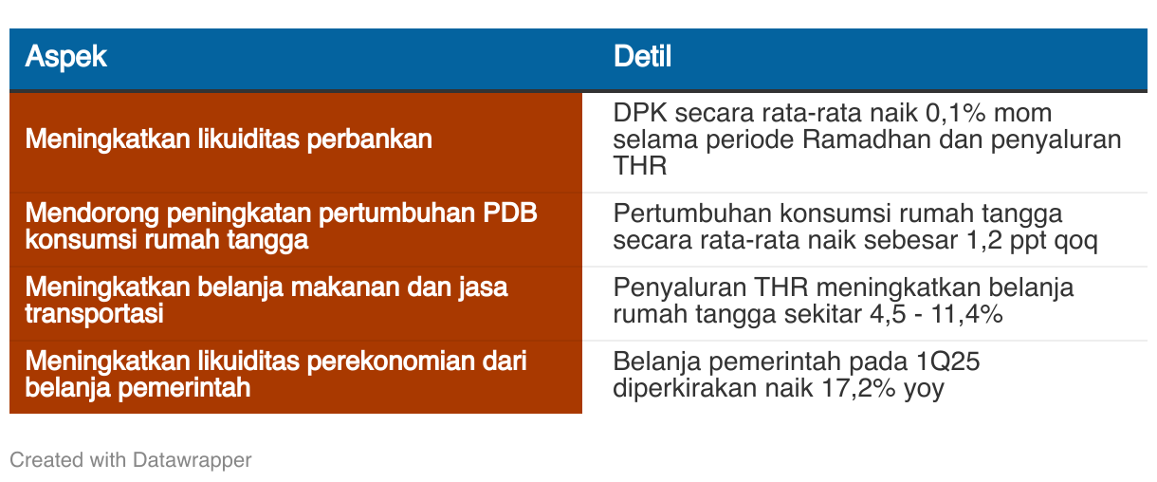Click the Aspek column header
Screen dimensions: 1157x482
click(65, 56)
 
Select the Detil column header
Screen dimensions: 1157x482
click(642, 56)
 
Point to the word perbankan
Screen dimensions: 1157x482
click(369, 140)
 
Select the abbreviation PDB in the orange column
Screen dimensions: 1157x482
click(510, 213)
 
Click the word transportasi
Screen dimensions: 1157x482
click(95, 313)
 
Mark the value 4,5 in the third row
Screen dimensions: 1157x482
click(888, 314)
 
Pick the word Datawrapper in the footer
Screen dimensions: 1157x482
click(193, 460)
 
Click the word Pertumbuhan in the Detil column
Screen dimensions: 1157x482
click(692, 213)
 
